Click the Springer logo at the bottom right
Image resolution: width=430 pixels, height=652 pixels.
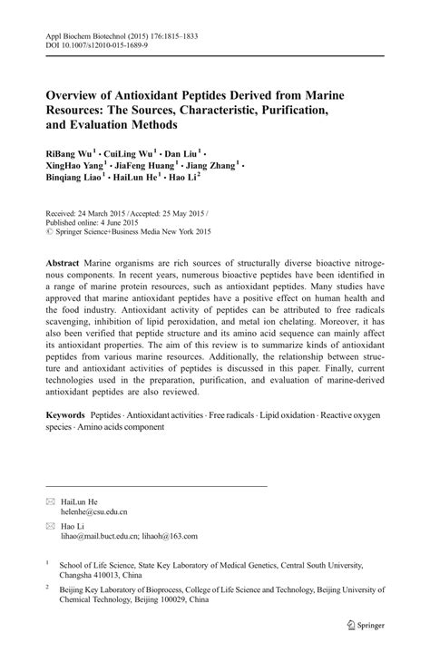point(366,625)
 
